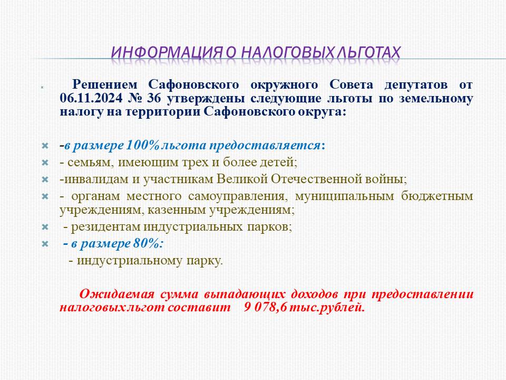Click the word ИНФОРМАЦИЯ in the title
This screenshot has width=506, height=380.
pyautogui.click(x=167, y=52)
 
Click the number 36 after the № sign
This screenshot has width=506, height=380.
pyautogui.click(x=153, y=98)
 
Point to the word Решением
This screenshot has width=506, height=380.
pyautogui.click(x=105, y=84)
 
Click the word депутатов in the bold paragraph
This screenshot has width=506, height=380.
pyautogui.click(x=416, y=84)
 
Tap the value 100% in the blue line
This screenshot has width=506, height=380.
pyautogui.click(x=142, y=145)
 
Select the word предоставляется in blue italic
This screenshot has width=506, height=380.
pyautogui.click(x=265, y=146)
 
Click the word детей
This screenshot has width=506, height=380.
pyautogui.click(x=278, y=162)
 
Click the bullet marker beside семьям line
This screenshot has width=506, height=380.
pyautogui.click(x=45, y=163)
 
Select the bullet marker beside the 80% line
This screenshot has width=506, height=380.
pyautogui.click(x=45, y=244)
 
